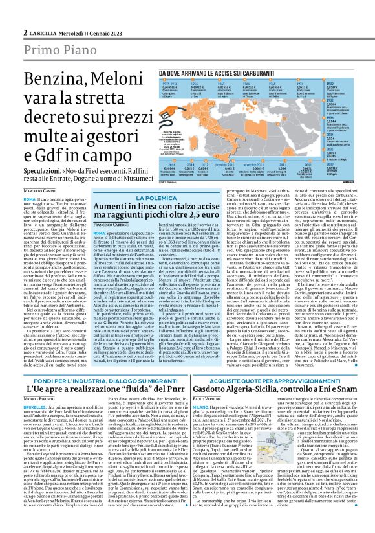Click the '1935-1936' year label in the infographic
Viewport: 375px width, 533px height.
(170, 84)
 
